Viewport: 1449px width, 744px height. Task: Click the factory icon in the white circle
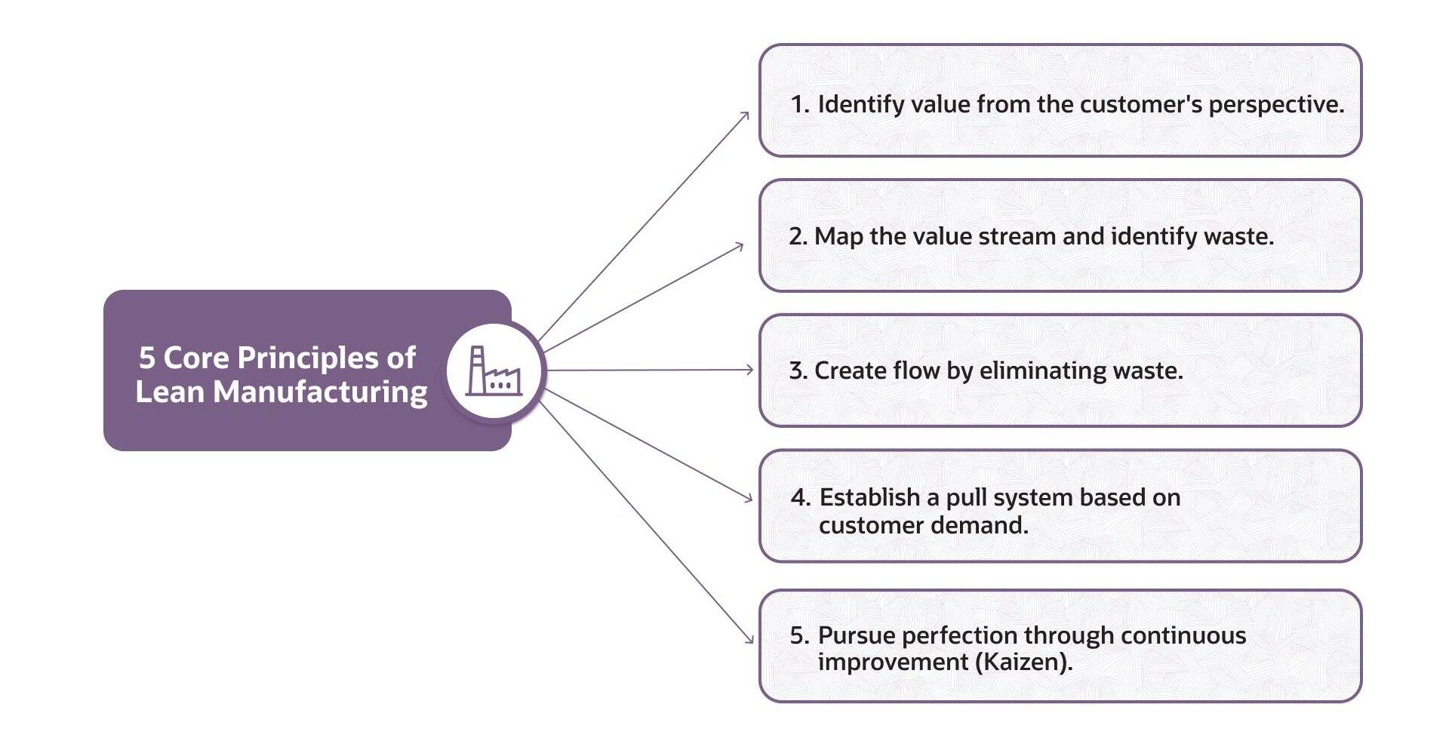[x=494, y=371]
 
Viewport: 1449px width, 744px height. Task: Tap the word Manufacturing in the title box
[x=321, y=392]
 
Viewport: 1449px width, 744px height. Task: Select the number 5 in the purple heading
[x=146, y=358]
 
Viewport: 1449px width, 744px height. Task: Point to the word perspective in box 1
[x=1275, y=105]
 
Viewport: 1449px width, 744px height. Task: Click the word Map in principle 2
[x=838, y=237]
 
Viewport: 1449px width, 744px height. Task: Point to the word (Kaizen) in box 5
[x=1023, y=663]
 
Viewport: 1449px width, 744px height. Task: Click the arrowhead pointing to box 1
[x=745, y=116]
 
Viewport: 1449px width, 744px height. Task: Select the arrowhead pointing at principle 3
[x=749, y=370]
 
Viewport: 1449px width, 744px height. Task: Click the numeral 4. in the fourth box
[x=801, y=497]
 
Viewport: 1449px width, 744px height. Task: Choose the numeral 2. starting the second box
[x=798, y=237]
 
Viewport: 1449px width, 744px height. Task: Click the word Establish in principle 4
[x=869, y=497]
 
